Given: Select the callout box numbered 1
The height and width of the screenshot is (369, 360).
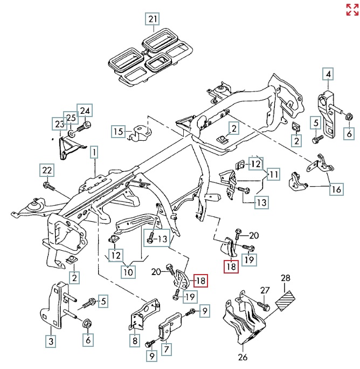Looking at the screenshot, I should [x=95, y=153].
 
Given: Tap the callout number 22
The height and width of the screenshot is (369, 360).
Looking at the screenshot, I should [x=47, y=171].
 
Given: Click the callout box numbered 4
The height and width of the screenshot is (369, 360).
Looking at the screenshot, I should [x=328, y=73].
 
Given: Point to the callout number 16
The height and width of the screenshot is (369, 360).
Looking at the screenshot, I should [x=336, y=189].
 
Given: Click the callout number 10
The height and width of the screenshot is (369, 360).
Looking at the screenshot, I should [x=127, y=272].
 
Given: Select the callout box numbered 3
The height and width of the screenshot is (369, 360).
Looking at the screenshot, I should [x=51, y=340].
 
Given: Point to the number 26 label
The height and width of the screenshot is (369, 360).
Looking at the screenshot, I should [x=243, y=357].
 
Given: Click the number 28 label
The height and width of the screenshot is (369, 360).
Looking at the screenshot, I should [x=285, y=278].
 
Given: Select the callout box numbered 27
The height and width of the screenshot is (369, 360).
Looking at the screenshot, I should [x=264, y=290].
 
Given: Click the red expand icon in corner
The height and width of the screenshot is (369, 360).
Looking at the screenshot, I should [x=352, y=9].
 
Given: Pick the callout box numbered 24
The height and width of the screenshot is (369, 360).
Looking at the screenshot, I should [x=85, y=110].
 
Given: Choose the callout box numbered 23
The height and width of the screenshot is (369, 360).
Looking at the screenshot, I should [x=58, y=124].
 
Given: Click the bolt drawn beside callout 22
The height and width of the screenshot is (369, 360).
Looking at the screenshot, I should [x=49, y=187].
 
